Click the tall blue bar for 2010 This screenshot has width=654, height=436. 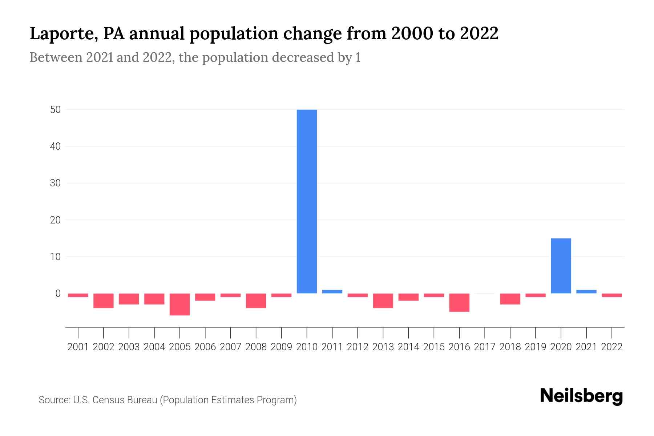[x=307, y=201]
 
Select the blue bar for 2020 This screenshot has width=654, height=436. [x=561, y=266]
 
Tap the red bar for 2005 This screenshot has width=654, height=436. [x=180, y=304]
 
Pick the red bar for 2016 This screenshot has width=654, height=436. [x=459, y=303]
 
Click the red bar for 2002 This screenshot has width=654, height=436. [x=104, y=301]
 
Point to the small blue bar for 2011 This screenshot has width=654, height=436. [x=332, y=291]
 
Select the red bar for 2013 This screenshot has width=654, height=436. [x=383, y=301]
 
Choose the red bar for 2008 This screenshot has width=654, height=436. [x=256, y=301]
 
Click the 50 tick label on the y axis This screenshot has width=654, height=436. [x=55, y=109]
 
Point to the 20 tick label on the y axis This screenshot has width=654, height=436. [x=55, y=220]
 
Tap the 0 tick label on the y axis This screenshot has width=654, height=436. [x=58, y=293]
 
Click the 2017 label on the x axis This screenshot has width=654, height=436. [x=485, y=347]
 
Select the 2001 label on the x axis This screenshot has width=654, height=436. [x=78, y=347]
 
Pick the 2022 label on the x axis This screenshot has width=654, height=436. [x=612, y=347]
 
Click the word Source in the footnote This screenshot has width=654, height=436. [x=54, y=400]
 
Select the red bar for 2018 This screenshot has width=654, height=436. [x=510, y=299]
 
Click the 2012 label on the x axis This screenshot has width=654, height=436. [x=358, y=347]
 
